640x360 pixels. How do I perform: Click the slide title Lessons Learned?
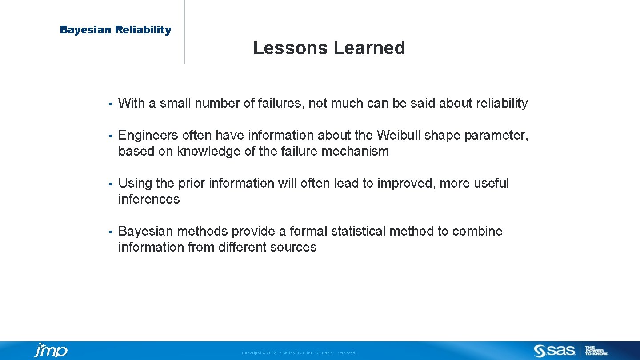[x=329, y=48]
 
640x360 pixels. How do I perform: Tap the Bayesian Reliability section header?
[x=116, y=30]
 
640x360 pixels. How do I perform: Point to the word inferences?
[x=149, y=199]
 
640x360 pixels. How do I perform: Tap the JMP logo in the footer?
[x=51, y=350]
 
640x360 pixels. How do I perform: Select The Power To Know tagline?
[x=596, y=351]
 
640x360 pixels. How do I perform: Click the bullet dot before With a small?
[x=110, y=104]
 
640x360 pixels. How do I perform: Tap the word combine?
[x=477, y=231]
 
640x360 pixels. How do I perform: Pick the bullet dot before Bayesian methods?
[x=110, y=232]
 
